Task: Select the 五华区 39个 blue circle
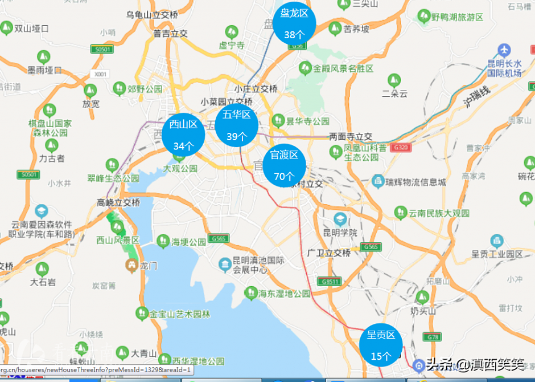tap(237, 125)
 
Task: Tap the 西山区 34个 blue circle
tap(183, 135)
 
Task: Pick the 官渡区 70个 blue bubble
tap(284, 165)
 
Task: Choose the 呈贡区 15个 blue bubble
tap(381, 345)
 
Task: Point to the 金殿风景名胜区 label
tap(343, 68)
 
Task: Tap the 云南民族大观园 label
tap(439, 213)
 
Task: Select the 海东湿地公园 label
tap(284, 294)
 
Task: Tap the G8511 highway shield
tap(330, 282)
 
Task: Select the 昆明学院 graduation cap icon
tap(340, 219)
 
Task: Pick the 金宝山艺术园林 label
tap(180, 314)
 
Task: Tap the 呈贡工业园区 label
tap(497, 254)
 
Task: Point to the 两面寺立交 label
tap(351, 137)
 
